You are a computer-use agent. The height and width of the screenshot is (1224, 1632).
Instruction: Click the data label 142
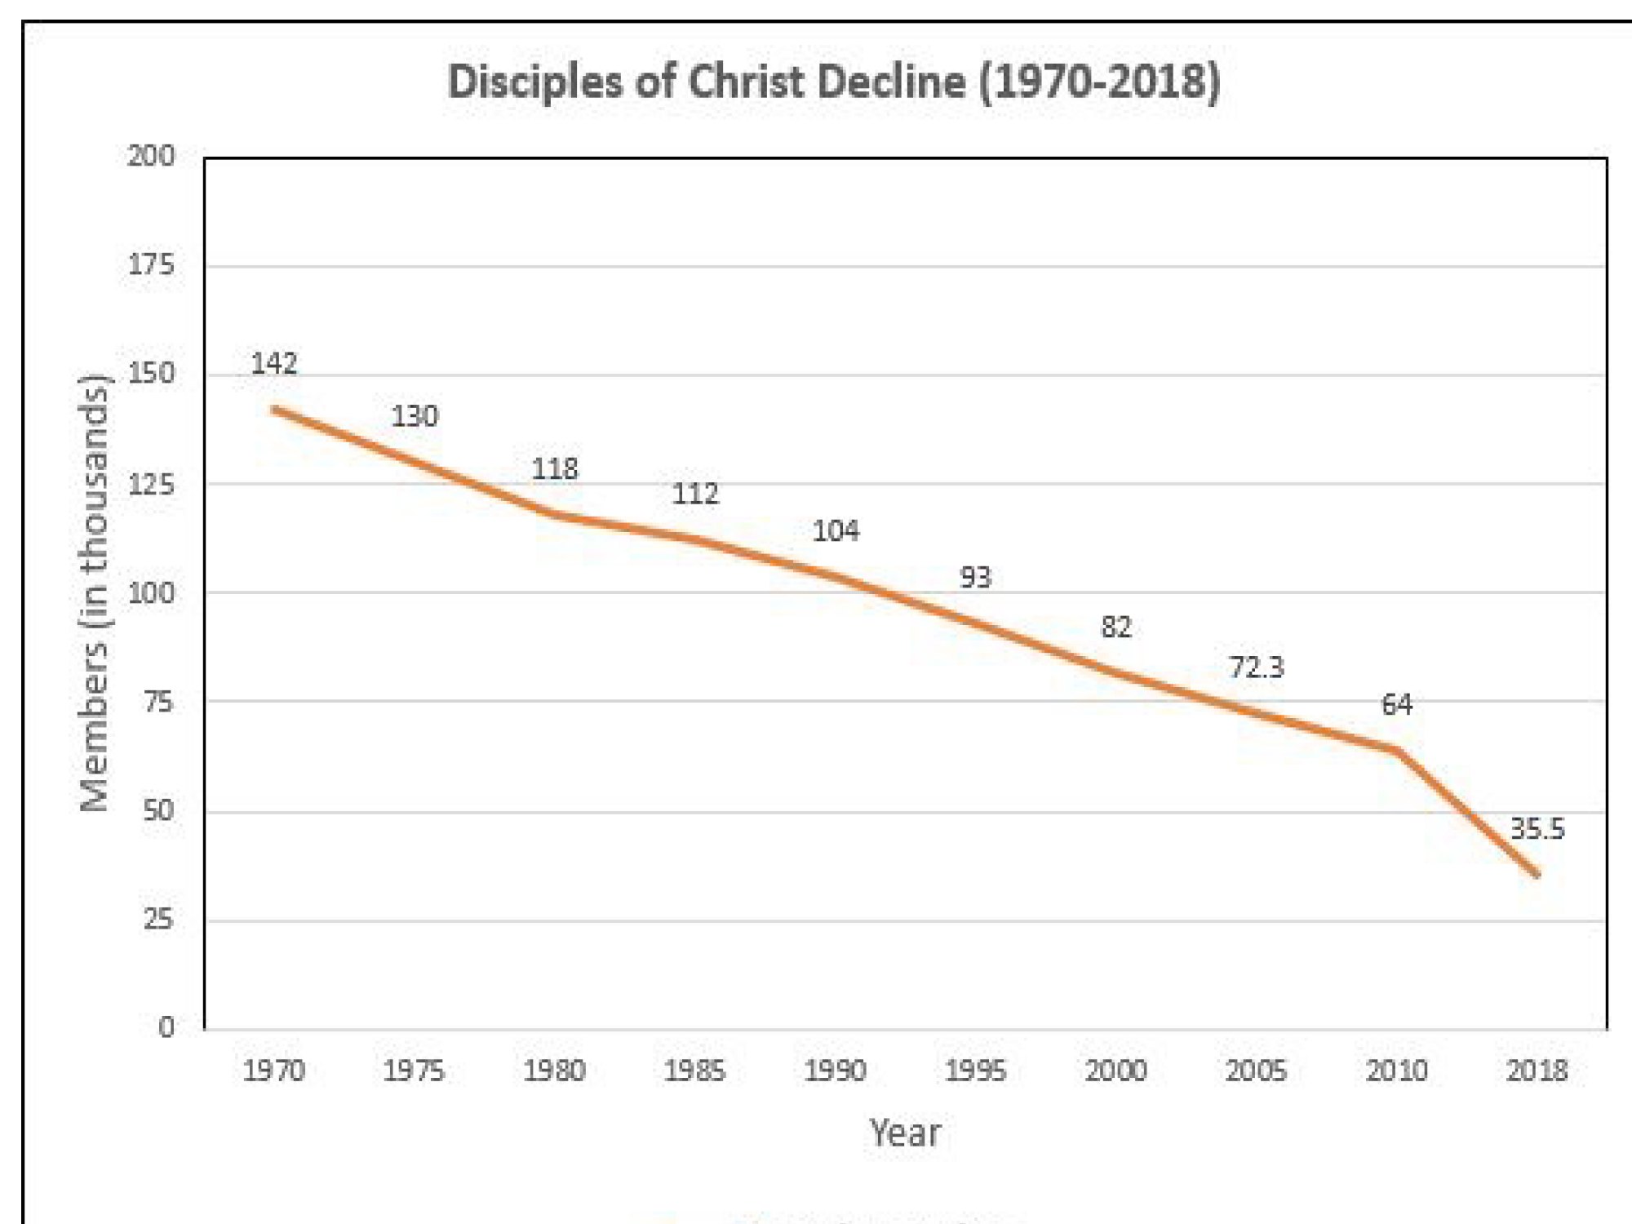(274, 363)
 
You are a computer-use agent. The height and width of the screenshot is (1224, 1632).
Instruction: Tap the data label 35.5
(1537, 829)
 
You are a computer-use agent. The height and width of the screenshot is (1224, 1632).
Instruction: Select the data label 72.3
(1257, 667)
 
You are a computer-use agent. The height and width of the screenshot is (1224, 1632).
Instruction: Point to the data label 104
(836, 531)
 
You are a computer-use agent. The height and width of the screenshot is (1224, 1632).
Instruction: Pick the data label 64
(1397, 704)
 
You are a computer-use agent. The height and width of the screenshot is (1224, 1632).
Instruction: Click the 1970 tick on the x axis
(274, 1071)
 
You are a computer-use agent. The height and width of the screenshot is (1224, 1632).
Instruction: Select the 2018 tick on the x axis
(1537, 1071)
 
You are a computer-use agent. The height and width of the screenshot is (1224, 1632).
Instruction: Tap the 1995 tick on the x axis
(976, 1071)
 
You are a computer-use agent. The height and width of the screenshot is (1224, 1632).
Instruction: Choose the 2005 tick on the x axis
(1257, 1071)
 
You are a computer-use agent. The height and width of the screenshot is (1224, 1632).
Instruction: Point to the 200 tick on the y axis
(151, 156)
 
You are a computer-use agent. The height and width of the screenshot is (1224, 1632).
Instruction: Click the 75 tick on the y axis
(158, 702)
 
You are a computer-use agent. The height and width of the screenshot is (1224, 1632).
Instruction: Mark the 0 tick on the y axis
(166, 1027)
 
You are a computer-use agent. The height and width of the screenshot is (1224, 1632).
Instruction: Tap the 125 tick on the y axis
(151, 485)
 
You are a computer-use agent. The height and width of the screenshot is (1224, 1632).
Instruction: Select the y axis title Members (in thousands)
(94, 593)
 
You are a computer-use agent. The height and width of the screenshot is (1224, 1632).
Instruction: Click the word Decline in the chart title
(892, 82)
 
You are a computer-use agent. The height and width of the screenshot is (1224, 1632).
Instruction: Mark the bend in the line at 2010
(1397, 750)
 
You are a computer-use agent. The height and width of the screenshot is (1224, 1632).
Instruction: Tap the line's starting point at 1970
(274, 409)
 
